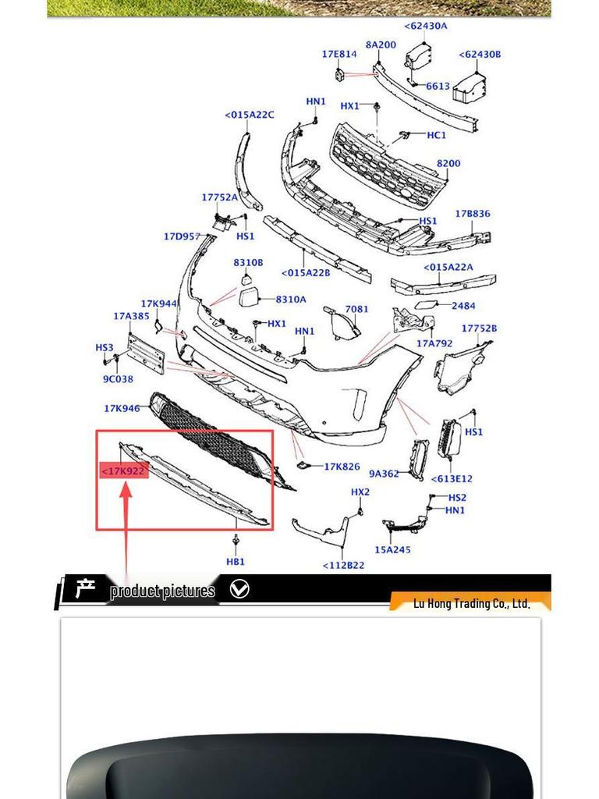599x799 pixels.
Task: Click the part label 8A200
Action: [x=381, y=45]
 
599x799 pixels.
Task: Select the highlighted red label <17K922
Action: [x=124, y=471]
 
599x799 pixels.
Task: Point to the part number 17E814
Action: [x=339, y=55]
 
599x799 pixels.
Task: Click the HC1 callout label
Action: [x=436, y=135]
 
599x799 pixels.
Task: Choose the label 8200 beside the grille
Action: [x=448, y=164]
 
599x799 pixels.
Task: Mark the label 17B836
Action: [x=473, y=214]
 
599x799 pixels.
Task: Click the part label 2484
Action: [x=463, y=306]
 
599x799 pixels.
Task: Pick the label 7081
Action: [x=356, y=309]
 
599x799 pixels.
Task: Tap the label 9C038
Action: [x=118, y=379]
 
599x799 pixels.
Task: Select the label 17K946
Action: [x=122, y=408]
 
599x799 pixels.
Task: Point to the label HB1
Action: [x=236, y=561]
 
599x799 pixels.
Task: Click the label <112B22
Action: [x=343, y=565]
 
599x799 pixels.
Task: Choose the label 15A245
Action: [x=392, y=549]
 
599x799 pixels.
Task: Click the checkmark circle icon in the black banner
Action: [x=239, y=589]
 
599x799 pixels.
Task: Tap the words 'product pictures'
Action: [x=162, y=591]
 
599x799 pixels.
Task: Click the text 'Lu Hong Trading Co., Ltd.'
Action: [x=471, y=603]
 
